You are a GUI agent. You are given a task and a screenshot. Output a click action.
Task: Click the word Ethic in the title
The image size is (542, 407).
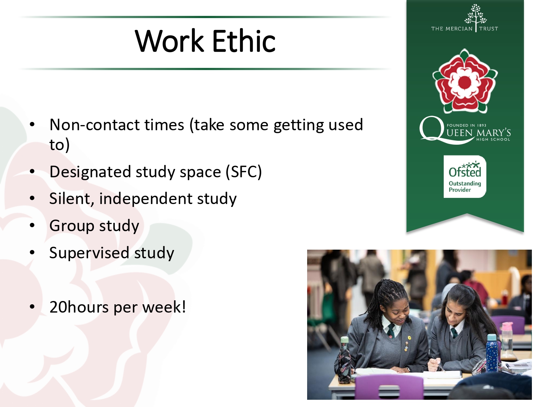(x=244, y=41)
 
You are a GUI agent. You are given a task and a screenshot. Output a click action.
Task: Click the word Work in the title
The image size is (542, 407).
(x=169, y=41)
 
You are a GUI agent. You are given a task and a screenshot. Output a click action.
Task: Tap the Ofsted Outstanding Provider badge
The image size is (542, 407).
(x=465, y=177)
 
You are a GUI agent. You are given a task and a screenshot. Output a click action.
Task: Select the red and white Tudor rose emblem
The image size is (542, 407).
(x=465, y=81)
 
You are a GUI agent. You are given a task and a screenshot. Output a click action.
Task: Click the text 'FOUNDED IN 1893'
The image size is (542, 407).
(x=466, y=125)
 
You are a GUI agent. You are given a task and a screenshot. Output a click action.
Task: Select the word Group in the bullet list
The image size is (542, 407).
(x=72, y=226)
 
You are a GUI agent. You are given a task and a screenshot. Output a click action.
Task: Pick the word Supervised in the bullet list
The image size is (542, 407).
(x=89, y=253)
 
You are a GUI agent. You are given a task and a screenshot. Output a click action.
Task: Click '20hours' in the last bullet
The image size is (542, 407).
(x=79, y=307)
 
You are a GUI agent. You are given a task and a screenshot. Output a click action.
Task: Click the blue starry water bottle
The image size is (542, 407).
(x=492, y=353)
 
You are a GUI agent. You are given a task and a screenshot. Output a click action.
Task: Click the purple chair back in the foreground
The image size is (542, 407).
(x=389, y=386)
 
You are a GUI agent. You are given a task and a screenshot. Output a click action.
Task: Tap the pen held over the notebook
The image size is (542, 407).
(x=438, y=363)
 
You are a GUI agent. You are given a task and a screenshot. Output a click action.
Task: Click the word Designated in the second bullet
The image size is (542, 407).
(x=90, y=172)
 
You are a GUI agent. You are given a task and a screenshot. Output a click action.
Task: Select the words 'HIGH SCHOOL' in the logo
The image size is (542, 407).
(x=493, y=139)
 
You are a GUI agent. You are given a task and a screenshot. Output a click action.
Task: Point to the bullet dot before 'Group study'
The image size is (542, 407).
(x=32, y=225)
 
